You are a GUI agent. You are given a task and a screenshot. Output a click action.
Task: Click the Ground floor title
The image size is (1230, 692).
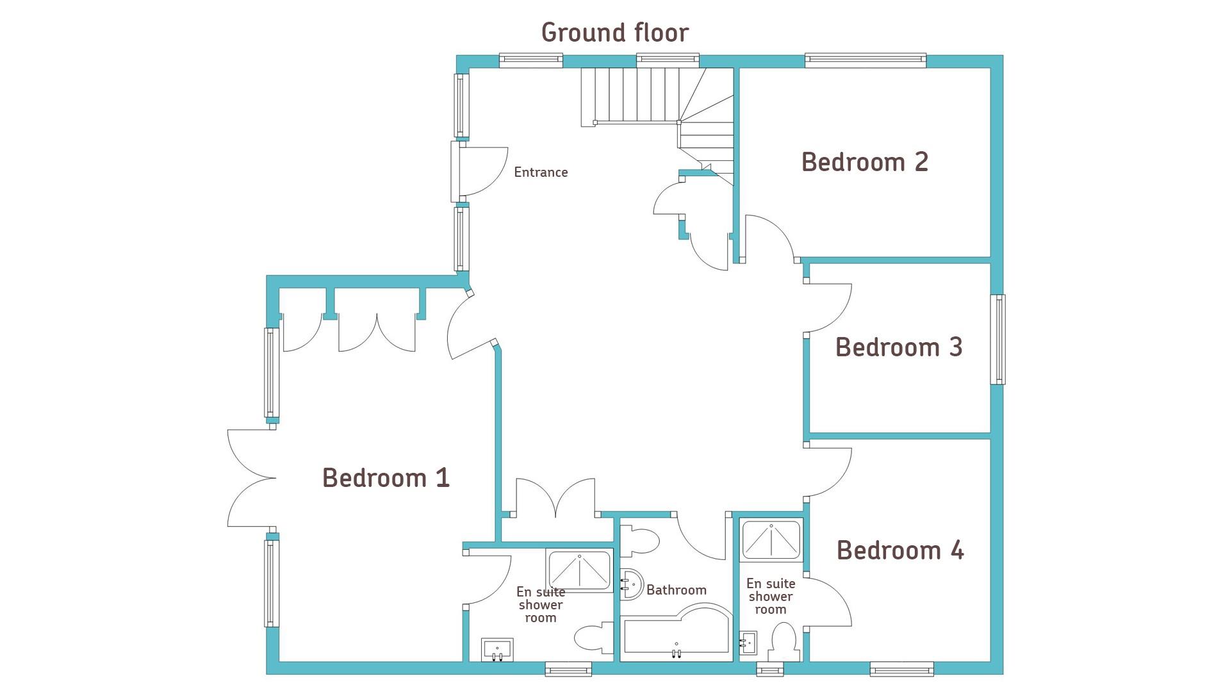click(x=615, y=33)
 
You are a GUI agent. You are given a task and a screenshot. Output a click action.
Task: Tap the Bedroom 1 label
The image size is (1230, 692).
click(x=386, y=478)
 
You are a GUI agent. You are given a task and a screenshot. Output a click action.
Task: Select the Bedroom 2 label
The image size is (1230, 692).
click(x=865, y=161)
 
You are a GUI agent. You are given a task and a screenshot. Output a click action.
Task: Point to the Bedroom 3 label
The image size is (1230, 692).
click(x=899, y=347)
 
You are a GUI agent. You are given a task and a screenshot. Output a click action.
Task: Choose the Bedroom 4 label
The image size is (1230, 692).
click(x=900, y=550)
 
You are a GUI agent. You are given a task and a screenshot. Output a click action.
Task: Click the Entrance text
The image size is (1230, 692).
click(x=541, y=172)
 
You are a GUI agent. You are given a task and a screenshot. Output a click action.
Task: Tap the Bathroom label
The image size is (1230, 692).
click(x=676, y=589)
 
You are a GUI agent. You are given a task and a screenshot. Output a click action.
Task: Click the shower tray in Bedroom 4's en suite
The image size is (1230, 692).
click(x=771, y=539)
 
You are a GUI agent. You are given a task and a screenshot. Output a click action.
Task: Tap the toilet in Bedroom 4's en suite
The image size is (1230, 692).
click(x=783, y=642)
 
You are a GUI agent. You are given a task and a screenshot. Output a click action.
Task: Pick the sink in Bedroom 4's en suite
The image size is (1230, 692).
click(x=748, y=641)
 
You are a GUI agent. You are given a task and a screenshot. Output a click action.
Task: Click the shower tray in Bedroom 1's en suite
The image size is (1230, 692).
click(x=579, y=570)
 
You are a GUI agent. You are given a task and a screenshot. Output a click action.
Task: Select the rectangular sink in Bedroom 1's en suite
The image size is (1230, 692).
click(x=497, y=649)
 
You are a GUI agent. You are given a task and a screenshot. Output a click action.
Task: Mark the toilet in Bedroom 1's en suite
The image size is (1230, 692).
click(x=594, y=638)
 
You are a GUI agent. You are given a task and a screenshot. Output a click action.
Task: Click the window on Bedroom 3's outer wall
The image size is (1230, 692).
click(x=998, y=339)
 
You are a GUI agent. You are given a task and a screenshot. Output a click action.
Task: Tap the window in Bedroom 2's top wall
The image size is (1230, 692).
click(x=865, y=60)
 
